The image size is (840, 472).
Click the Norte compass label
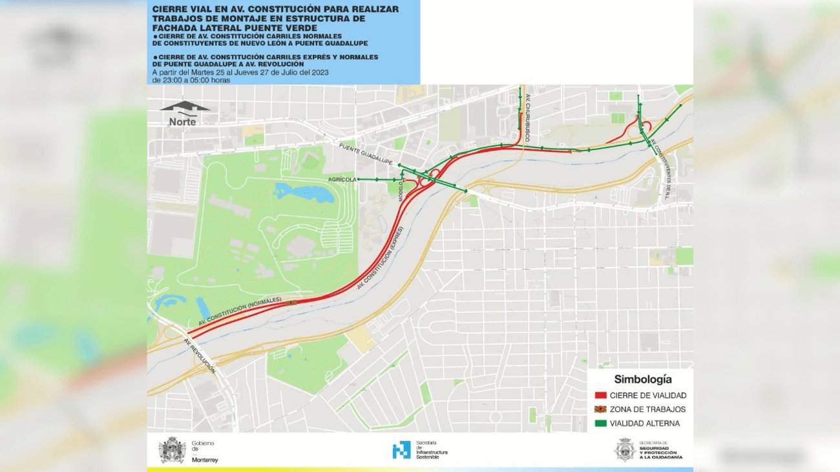182,122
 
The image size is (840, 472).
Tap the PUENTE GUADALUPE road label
366,155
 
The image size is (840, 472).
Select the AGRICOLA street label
342,180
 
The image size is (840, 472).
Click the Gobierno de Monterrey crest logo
173,450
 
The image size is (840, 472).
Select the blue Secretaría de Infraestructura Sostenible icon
401,450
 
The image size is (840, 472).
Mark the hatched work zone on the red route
291,302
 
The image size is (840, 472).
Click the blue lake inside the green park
304,192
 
